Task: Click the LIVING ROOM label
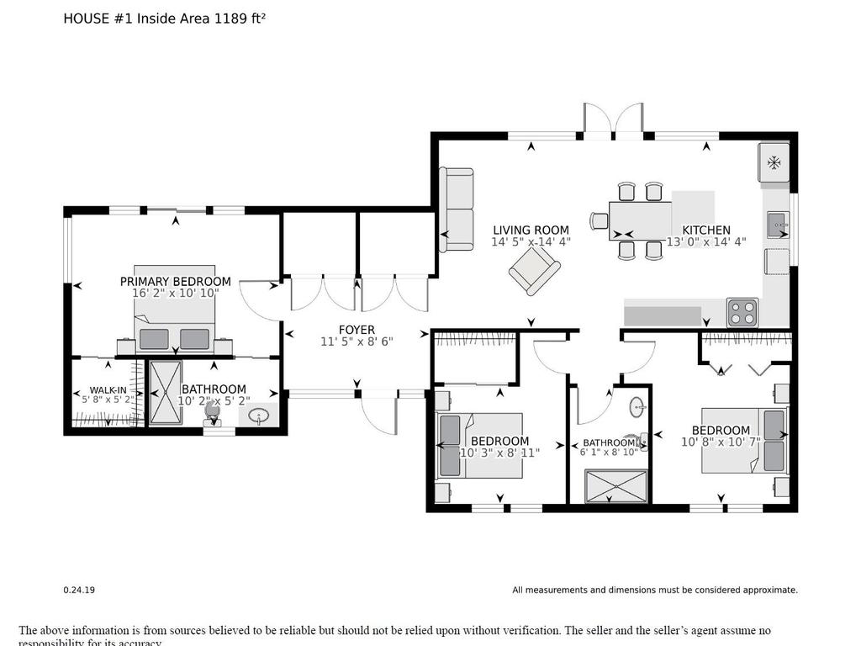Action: coord(531,230)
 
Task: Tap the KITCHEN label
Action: coord(705,230)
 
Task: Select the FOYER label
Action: coord(357,330)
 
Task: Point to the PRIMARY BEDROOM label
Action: coord(175,281)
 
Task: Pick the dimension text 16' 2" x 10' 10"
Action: coord(175,293)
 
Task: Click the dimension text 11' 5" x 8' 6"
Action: coord(357,342)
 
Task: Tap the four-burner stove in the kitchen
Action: coord(742,312)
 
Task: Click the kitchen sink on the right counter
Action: coord(777,224)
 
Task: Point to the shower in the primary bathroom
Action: coord(165,392)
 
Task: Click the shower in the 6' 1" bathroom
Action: coord(617,486)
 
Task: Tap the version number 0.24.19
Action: coord(79,590)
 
